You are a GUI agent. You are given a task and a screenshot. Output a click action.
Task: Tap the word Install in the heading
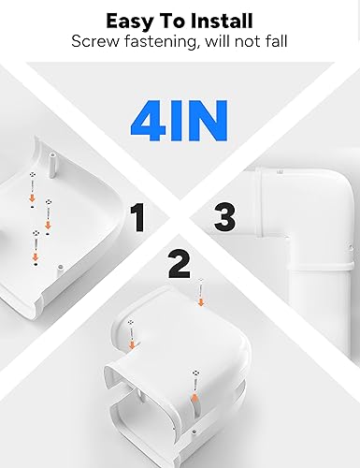pyautogui.click(x=223, y=20)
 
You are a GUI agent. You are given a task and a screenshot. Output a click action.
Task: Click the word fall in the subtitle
pyautogui.click(x=274, y=42)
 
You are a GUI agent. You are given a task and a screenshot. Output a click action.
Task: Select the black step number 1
pyautogui.click(x=138, y=218)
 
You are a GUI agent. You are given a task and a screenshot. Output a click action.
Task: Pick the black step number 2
pyautogui.click(x=178, y=265)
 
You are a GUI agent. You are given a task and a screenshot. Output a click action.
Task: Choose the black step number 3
pyautogui.click(x=223, y=218)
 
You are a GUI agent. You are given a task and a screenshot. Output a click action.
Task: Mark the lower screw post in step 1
pyautogui.click(x=58, y=270)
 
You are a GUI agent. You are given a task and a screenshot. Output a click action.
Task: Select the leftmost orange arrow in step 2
pyautogui.click(x=130, y=344)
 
